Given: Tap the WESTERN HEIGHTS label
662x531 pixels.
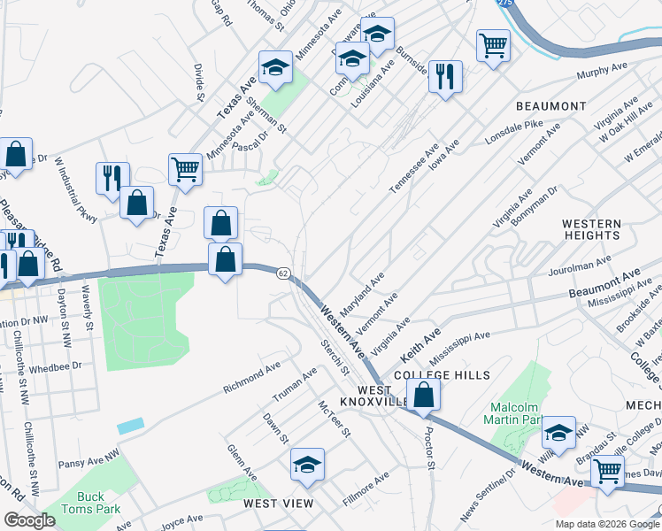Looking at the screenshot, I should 591,229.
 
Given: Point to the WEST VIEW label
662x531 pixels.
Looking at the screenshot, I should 279,504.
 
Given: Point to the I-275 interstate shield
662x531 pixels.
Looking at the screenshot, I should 504,4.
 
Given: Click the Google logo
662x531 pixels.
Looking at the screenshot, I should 29,520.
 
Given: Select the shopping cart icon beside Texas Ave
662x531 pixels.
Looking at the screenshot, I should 185,168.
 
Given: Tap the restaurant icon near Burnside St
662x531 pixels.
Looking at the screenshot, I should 445,75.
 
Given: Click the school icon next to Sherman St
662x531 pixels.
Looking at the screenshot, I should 275,67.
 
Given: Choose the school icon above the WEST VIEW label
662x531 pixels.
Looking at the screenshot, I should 307,465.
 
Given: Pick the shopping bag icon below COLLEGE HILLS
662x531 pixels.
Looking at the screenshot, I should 425,396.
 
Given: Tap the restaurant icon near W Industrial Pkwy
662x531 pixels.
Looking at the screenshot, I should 112,178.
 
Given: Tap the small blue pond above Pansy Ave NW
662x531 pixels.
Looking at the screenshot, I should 128,426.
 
